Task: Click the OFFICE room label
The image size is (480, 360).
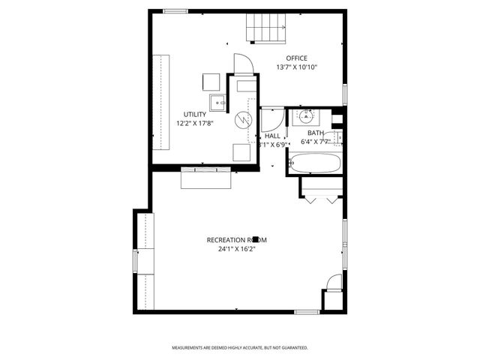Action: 296,58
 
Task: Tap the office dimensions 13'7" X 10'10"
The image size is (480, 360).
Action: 296,67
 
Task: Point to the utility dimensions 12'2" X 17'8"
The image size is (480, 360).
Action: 195,123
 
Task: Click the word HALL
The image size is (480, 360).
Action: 272,136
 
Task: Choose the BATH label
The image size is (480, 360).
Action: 315,133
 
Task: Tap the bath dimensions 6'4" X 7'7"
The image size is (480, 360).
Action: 316,141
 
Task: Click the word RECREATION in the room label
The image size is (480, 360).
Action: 227,240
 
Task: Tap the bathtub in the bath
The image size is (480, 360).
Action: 314,163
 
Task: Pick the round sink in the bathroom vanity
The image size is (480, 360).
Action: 306,116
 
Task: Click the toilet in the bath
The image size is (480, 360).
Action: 337,136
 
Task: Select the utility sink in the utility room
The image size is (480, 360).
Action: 217,102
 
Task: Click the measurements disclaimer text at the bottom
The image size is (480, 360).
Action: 240,348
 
